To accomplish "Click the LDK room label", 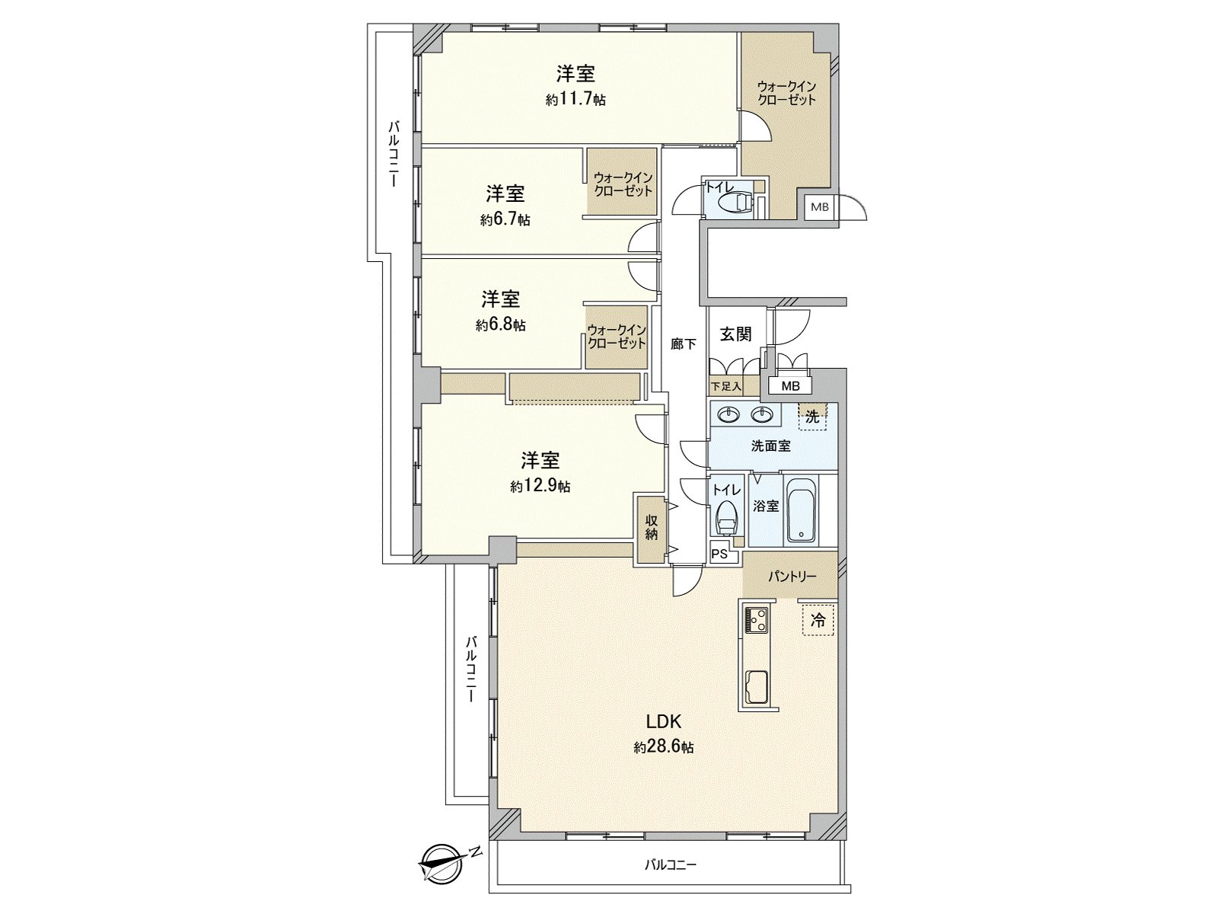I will tap(663, 722).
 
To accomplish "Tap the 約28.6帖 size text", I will tap(663, 748).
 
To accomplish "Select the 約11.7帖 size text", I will tap(576, 100).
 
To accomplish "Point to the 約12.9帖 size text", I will tap(540, 486).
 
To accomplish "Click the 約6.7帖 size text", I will tap(505, 220).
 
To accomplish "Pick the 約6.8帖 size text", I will tap(501, 325).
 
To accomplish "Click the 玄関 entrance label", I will tap(736, 334).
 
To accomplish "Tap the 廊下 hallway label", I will tap(683, 344).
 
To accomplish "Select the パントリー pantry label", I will tap(792, 577).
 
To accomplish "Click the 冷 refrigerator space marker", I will tap(818, 622).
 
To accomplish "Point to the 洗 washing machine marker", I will tap(812, 417).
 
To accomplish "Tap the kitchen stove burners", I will tap(757, 619).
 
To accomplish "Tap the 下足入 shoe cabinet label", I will tap(726, 387).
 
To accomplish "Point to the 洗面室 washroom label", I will tap(770, 446).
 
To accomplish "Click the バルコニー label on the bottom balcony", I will tap(671, 865).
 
